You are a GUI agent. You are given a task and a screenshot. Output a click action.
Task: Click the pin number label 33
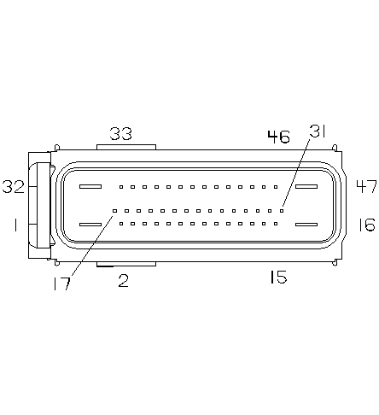click(121, 133)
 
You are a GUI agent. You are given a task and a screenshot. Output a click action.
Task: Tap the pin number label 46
click(278, 137)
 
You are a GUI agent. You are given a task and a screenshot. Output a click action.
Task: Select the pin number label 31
click(317, 131)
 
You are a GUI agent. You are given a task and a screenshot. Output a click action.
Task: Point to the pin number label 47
click(367, 186)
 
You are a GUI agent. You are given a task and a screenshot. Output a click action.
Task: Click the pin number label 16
click(366, 225)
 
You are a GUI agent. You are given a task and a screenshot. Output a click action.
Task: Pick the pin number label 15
click(278, 277)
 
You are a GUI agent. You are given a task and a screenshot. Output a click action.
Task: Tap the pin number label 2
click(123, 281)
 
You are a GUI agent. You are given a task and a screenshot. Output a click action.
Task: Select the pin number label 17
click(61, 283)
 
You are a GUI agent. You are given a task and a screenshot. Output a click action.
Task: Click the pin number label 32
click(14, 187)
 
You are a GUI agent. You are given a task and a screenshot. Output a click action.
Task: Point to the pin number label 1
click(15, 225)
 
